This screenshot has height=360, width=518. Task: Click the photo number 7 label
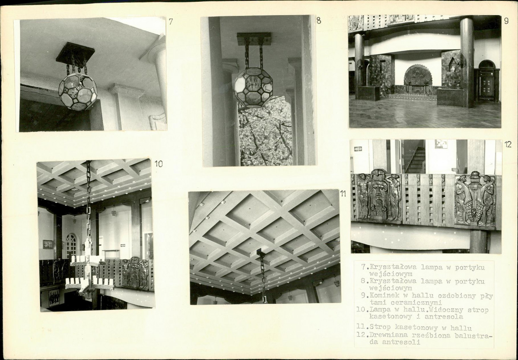click(x=171, y=22)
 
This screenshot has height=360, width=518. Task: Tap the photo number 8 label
click(x=318, y=20)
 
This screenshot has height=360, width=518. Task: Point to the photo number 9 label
click(x=506, y=20)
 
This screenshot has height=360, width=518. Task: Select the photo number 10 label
click(x=159, y=164)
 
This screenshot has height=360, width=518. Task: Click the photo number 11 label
click(x=343, y=194)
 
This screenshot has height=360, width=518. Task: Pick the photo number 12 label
click(x=508, y=144)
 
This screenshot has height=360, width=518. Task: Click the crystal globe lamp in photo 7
click(x=78, y=92)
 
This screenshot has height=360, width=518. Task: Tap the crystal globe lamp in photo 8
click(x=254, y=87)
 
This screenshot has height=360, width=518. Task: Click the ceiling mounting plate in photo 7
click(x=75, y=52)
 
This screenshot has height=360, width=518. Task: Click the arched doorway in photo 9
click(x=487, y=81)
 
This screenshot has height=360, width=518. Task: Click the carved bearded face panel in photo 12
click(x=378, y=196)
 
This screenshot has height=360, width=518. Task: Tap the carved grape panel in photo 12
click(x=475, y=199)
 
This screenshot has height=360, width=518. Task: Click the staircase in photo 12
click(x=416, y=160)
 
